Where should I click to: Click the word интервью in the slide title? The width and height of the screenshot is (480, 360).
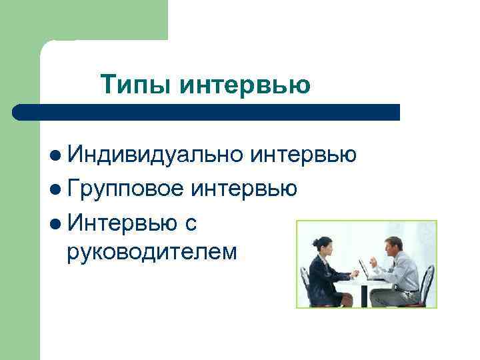245,85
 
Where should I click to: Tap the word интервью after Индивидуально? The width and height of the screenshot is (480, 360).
303,155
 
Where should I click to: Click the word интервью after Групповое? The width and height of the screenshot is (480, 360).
243,190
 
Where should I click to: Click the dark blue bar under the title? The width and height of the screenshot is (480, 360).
207,111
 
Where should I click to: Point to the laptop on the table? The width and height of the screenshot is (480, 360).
365,269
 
